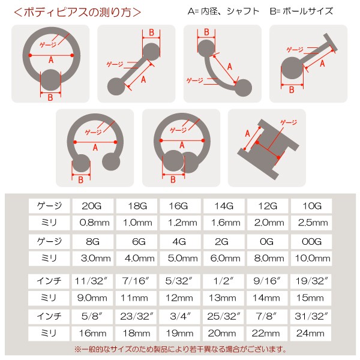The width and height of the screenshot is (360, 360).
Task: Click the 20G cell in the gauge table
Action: coord(92,206)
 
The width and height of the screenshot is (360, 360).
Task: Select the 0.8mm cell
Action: coord(92,223)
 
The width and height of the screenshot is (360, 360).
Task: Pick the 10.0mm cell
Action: coord(311,259)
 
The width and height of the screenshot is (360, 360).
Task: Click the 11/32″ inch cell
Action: coord(92,281)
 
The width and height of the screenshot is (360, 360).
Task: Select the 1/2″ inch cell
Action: coord(224,281)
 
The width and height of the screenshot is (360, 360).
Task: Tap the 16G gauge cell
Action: coord(180,206)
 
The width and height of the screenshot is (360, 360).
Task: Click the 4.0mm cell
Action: coord(136,259)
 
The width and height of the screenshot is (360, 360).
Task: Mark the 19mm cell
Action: coord(180,334)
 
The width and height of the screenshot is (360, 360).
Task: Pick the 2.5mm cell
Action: coord(311,223)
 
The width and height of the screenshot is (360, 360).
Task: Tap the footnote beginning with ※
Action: coord(180,349)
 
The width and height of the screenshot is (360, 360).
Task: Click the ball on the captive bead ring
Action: coord(51,79)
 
